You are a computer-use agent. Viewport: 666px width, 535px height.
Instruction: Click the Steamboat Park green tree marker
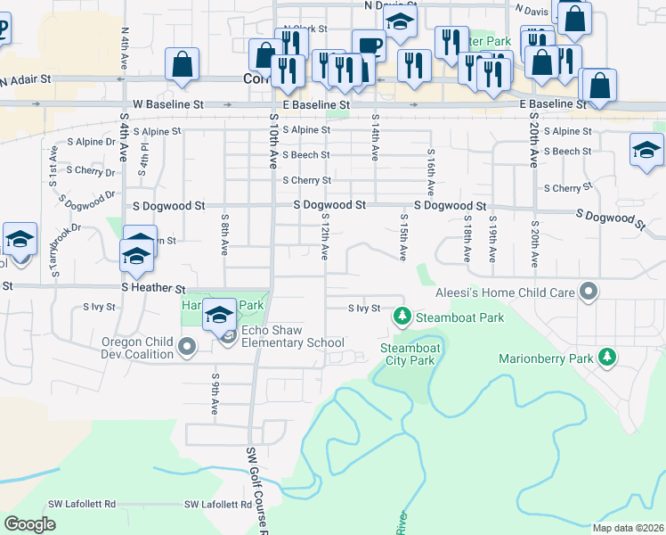[402, 317]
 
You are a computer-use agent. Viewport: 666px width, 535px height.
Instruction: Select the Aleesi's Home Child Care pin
[588, 291]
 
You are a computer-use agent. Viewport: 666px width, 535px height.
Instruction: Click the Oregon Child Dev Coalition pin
[185, 347]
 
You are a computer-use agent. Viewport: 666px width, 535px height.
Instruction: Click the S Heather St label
[153, 289]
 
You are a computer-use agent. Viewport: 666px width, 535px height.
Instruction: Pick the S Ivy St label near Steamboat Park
[363, 309]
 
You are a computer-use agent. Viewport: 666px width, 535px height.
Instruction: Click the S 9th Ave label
[215, 393]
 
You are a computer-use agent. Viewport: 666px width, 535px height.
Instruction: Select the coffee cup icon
[368, 45]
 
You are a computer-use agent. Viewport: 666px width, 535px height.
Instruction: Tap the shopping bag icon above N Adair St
[182, 64]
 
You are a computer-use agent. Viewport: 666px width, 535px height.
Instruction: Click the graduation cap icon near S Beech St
[646, 150]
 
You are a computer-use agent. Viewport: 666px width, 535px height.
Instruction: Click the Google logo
[30, 525]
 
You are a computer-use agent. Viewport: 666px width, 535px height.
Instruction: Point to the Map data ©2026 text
[628, 528]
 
